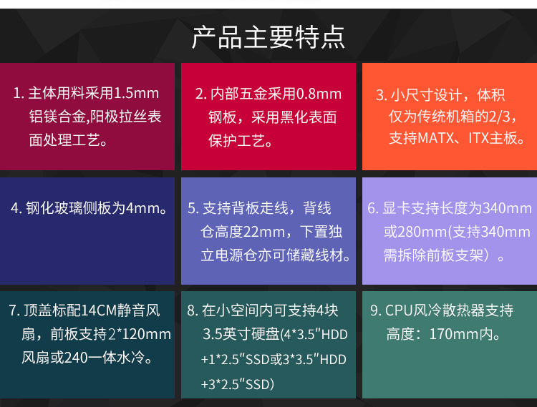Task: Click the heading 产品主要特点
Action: click(268, 37)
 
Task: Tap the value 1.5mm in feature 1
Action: click(136, 93)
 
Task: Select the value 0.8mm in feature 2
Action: click(319, 94)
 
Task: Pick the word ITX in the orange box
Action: click(478, 138)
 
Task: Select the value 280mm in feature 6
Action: click(423, 232)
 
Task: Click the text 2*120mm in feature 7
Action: click(140, 334)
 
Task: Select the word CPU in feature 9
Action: click(399, 310)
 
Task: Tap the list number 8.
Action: click(193, 310)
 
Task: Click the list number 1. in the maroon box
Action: click(19, 94)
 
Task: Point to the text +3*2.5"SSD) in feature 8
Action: click(238, 384)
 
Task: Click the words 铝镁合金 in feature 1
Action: click(57, 117)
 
